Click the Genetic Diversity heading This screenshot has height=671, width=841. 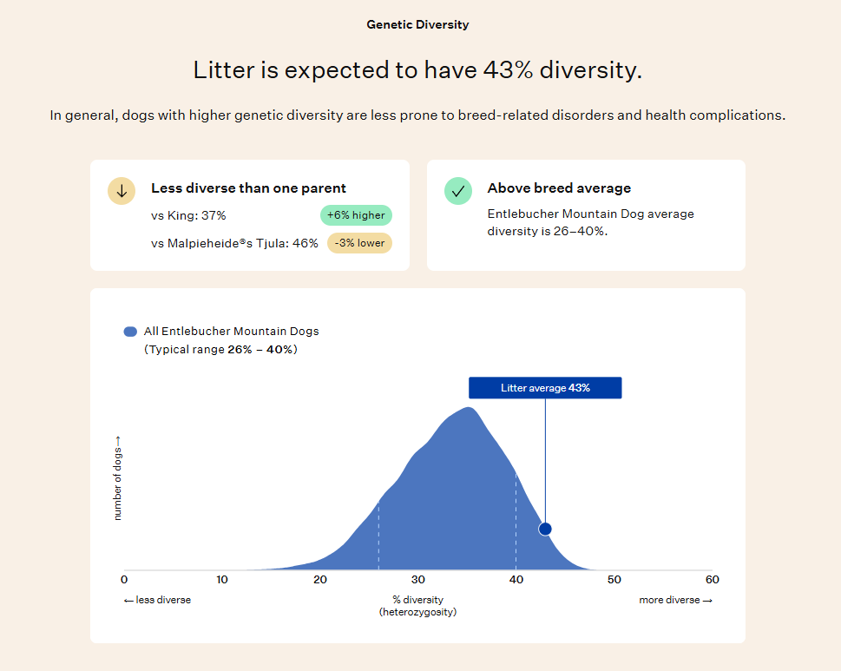pos(417,24)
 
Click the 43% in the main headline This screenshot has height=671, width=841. pos(508,69)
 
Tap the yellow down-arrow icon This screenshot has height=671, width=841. pos(122,191)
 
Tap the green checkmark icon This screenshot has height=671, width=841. pos(458,191)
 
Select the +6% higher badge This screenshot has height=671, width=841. pos(356,215)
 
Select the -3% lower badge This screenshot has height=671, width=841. pos(359,243)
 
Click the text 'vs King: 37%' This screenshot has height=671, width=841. pos(189,215)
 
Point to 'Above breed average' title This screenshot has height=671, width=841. pos(559,188)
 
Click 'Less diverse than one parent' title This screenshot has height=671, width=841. pos(248,188)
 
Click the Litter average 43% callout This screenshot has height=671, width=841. pos(545,388)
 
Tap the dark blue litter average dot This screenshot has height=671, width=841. pos(545,530)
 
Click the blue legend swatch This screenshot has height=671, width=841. pos(130,332)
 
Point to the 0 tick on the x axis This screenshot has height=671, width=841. pos(124,579)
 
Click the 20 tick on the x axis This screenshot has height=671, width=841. pos(320,579)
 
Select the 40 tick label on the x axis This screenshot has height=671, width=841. pos(516,579)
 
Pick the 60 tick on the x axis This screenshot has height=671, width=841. pos(713,579)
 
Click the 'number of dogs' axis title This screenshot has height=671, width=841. pos(117,478)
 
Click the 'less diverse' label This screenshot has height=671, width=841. pos(158,600)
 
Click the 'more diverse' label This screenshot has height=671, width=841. pos(676,600)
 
